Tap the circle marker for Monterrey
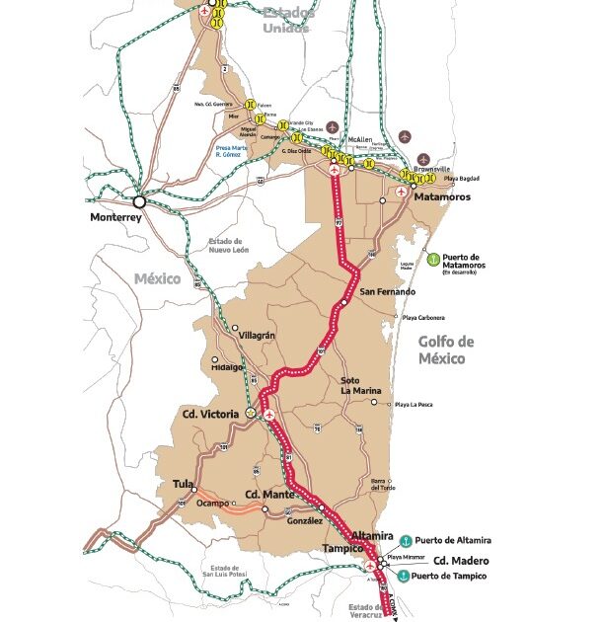140,199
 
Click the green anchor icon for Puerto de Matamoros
430,258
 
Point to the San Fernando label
388,292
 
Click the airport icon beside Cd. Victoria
269,416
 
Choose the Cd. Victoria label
210,414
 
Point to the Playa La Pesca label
418,405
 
